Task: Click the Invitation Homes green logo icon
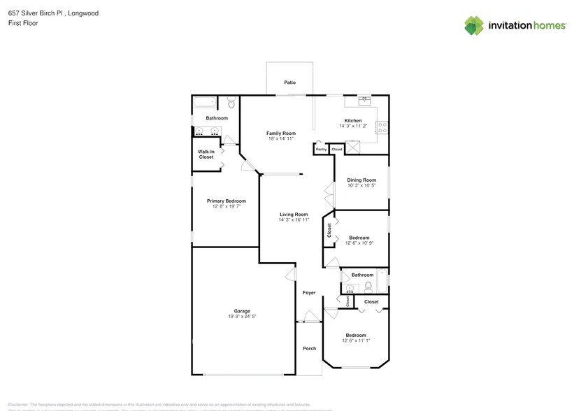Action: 474,25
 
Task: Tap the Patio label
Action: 289,82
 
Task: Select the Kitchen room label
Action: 353,120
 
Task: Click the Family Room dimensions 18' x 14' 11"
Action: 280,138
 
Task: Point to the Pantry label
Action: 321,150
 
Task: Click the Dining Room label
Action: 361,180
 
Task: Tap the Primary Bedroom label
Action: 226,201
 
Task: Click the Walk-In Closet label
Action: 206,154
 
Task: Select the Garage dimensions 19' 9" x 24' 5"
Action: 242,317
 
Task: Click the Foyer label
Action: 309,293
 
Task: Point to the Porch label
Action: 309,348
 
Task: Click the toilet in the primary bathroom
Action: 231,104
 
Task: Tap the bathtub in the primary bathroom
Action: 204,102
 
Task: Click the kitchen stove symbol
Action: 382,127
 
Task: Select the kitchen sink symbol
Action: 364,101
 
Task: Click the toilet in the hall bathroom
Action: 368,286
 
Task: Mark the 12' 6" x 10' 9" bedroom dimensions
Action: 359,243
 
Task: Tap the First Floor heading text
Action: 24,23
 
